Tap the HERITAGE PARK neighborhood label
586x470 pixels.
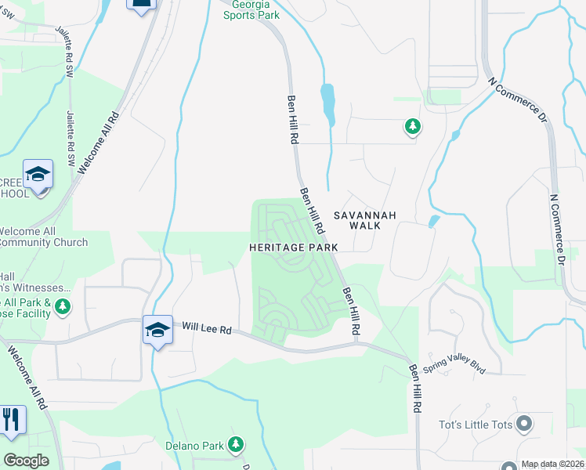294,247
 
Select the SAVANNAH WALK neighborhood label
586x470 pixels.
365,220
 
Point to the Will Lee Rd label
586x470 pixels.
202,329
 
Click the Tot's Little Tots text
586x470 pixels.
475,425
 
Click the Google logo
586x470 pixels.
27,461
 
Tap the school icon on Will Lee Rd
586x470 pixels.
157,331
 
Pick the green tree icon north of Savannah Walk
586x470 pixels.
412,125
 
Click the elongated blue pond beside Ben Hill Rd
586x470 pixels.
327,104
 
